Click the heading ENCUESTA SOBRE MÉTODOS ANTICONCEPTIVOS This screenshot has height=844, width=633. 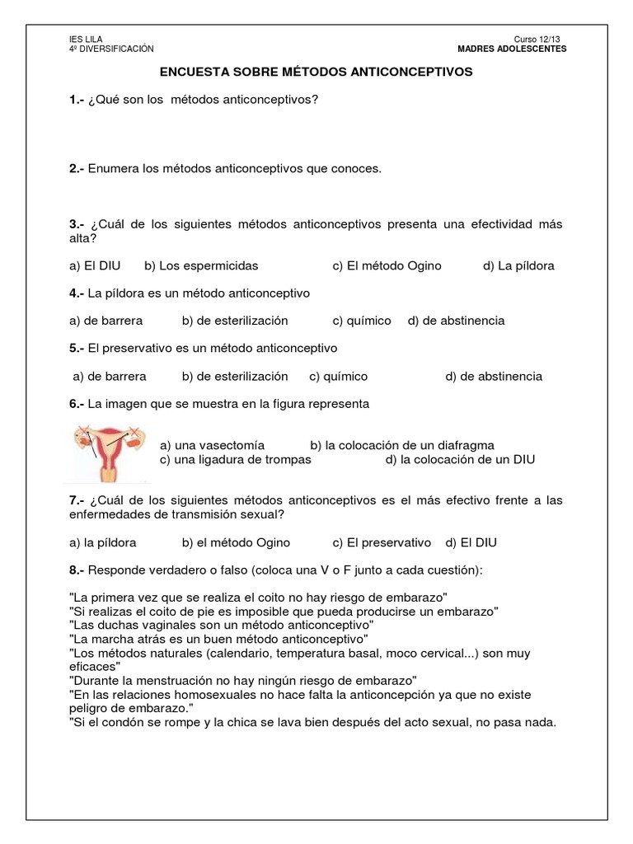(316, 72)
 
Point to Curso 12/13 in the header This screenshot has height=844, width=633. (542, 40)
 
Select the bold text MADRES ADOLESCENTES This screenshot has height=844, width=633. (512, 49)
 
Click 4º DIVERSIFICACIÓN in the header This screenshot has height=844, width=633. (111, 49)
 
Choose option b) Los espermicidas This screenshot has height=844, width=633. (201, 265)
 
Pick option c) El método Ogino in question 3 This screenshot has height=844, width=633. (387, 265)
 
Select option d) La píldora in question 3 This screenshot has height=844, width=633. (518, 265)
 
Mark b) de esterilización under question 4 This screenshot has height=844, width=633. (235, 320)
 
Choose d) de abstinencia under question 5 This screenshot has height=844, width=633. (494, 376)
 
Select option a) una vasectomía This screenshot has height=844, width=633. (213, 445)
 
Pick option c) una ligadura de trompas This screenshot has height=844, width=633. (236, 459)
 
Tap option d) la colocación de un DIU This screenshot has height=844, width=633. (460, 459)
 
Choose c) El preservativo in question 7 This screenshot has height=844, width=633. (382, 542)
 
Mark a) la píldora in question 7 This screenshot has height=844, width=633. (103, 542)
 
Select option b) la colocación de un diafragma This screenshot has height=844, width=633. (402, 445)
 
